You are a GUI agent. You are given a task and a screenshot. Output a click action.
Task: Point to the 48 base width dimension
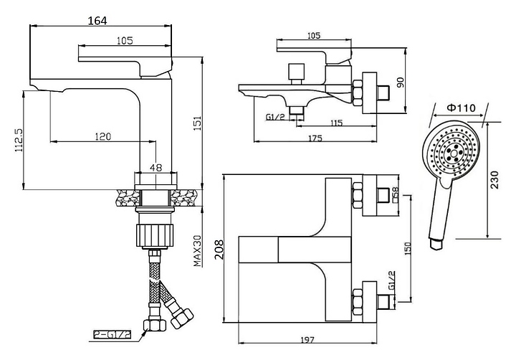pyautogui.click(x=156, y=168)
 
